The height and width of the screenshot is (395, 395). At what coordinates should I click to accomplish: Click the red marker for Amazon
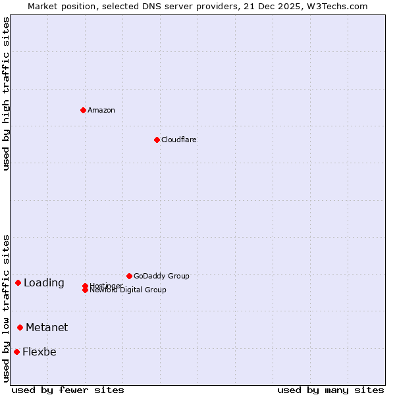click(83, 110)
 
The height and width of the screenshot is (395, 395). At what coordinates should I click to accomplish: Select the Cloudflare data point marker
click(157, 140)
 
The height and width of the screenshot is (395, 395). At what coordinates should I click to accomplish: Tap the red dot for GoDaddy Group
click(129, 276)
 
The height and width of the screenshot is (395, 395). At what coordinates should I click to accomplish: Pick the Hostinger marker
click(85, 286)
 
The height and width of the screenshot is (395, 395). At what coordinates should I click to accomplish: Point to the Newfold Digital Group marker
click(85, 290)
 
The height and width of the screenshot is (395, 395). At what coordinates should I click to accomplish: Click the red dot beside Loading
click(18, 282)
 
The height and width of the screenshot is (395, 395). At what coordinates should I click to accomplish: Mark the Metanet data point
click(20, 327)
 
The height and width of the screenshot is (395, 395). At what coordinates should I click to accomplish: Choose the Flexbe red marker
click(16, 352)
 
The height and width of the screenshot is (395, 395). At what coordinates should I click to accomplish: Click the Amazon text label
click(101, 110)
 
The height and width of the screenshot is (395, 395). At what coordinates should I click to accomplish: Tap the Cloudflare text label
click(179, 140)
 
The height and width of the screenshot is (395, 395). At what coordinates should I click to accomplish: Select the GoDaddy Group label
click(161, 276)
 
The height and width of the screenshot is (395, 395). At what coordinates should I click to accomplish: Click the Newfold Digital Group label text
click(128, 290)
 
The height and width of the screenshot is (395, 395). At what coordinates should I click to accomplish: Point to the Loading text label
click(44, 283)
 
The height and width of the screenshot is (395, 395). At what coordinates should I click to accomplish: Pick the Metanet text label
click(47, 328)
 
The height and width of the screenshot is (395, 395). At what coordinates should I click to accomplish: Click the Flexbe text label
click(39, 352)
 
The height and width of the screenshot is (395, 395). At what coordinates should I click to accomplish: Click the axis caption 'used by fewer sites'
click(68, 390)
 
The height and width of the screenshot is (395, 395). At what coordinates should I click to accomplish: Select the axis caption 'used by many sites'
click(330, 390)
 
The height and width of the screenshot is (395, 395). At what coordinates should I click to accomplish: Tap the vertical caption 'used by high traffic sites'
click(7, 93)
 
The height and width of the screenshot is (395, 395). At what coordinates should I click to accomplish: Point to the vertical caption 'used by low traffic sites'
click(7, 308)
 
